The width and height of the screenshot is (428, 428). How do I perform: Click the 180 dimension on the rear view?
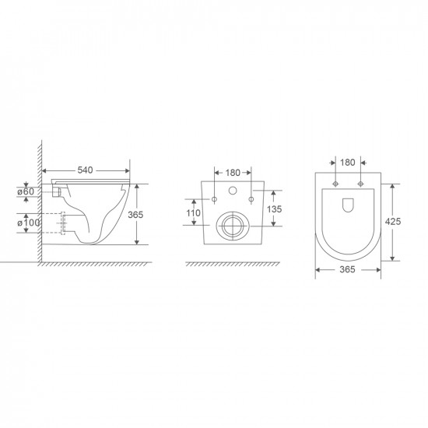[232, 172]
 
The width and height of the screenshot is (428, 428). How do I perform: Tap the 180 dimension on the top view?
[347, 163]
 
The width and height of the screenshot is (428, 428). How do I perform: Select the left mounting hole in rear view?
[214, 200]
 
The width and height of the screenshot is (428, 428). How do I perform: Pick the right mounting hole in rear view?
[251, 200]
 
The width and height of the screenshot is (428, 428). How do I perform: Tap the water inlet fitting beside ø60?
[55, 191]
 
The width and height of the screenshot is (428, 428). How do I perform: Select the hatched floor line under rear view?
[232, 265]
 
